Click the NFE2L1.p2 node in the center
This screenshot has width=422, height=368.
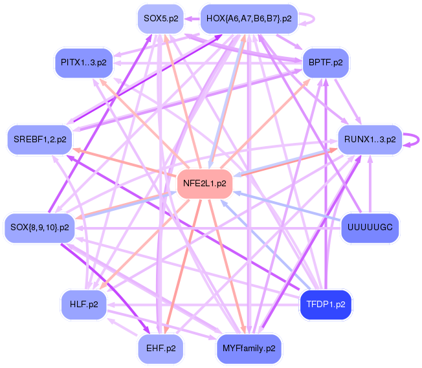click(205, 183)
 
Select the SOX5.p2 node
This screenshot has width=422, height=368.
click(161, 18)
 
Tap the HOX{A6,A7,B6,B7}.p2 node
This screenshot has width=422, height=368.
click(249, 18)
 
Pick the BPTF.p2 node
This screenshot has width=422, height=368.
click(326, 63)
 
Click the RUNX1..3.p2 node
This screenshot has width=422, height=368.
click(370, 139)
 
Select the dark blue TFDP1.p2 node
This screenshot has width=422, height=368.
click(325, 303)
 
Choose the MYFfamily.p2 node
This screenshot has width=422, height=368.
click(249, 348)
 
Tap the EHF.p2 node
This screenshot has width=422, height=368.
click(161, 348)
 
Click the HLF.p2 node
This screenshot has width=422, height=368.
click(83, 303)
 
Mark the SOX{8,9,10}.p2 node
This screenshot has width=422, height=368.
click(39, 227)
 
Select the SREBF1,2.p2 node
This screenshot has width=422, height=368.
click(39, 139)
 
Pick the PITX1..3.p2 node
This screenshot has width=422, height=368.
click(83, 63)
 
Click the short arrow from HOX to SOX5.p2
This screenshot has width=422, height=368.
click(192, 18)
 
